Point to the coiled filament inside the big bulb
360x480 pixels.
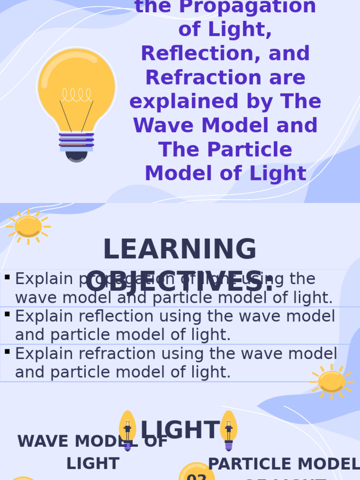point(76,95)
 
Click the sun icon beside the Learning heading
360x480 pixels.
point(28,226)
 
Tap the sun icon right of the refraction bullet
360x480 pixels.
point(331,382)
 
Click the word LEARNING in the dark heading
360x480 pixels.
point(180,249)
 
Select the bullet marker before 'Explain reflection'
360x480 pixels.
point(7,314)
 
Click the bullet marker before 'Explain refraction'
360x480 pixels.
point(7,352)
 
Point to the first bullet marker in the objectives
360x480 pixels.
point(7,277)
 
